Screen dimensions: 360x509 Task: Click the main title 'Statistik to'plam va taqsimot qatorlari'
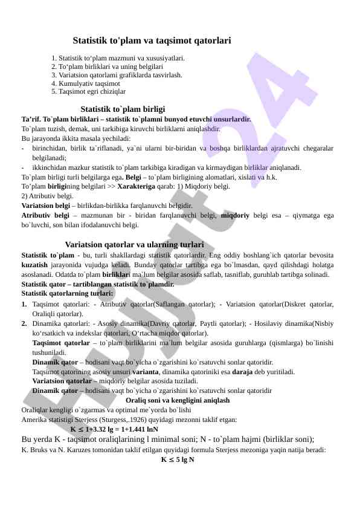[x=152, y=41]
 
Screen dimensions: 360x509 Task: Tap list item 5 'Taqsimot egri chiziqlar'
[x=89, y=91]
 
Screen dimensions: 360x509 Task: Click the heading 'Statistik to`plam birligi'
[x=123, y=109]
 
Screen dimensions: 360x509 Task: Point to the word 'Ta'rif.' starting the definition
[x=31, y=120]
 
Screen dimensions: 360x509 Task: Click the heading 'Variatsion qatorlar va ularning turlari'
[x=134, y=245]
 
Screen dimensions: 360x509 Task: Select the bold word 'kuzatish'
[x=34, y=265]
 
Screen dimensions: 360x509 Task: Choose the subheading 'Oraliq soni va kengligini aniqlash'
[x=177, y=400]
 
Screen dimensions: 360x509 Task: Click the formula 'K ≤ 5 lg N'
[x=177, y=459]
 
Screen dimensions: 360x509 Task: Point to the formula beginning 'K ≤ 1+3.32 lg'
[x=114, y=429]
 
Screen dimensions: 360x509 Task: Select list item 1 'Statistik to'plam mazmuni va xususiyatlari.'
[x=118, y=59]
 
